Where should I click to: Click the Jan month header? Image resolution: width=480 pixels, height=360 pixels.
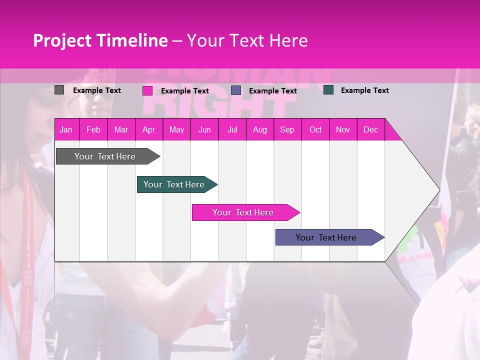pyautogui.click(x=66, y=130)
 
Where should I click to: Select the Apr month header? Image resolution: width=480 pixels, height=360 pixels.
pyautogui.click(x=148, y=130)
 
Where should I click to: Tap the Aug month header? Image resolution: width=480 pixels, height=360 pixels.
pyautogui.click(x=259, y=130)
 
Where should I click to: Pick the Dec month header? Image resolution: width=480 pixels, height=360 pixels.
pyautogui.click(x=370, y=130)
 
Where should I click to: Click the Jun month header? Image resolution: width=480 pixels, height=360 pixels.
pyautogui.click(x=204, y=130)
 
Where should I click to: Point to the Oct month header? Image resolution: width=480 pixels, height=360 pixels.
pyautogui.click(x=315, y=130)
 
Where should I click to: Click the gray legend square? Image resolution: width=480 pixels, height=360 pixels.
pyautogui.click(x=59, y=90)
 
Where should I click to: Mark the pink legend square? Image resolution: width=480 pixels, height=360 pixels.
pyautogui.click(x=147, y=90)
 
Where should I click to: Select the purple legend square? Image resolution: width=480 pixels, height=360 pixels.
pyautogui.click(x=236, y=90)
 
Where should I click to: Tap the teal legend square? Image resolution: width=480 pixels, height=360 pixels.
pyautogui.click(x=328, y=90)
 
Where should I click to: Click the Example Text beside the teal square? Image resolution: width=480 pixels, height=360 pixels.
pyautogui.click(x=364, y=90)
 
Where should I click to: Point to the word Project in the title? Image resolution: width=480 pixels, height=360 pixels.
pyautogui.click(x=62, y=40)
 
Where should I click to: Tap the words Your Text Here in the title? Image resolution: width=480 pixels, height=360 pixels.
pyautogui.click(x=247, y=40)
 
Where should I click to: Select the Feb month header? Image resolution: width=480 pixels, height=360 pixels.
pyautogui.click(x=93, y=130)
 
